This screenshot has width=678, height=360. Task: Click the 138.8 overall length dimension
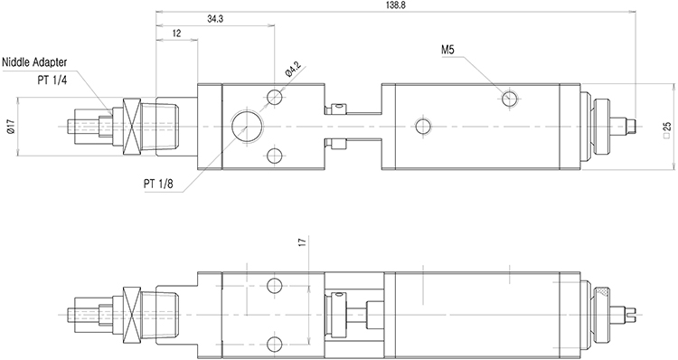[x=394, y=5]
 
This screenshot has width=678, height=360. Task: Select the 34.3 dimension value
[x=215, y=19]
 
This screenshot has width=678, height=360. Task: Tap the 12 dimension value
[x=177, y=33]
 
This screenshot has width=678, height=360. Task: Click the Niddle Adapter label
[x=34, y=62]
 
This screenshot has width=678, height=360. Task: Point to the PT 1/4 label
[x=52, y=80]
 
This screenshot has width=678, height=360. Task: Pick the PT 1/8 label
[x=158, y=184]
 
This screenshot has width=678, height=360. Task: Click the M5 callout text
[x=448, y=50]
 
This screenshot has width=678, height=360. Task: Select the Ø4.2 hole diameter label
[x=294, y=70]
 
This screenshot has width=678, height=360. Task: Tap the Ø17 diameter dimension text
[x=12, y=127]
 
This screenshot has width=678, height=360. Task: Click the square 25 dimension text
[x=667, y=129]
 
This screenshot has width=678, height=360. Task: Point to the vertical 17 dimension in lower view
[x=302, y=242]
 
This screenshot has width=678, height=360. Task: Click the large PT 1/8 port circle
[x=246, y=127]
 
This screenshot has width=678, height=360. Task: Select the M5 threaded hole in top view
[x=510, y=98]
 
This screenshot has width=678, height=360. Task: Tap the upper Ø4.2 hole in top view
[x=275, y=98]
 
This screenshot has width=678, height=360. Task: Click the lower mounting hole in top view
[x=275, y=156]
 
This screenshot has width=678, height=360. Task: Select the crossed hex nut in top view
[x=132, y=127]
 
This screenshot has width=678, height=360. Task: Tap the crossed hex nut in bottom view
[x=132, y=314]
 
